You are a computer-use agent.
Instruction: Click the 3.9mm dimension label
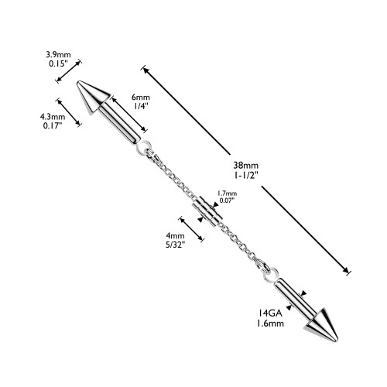tap(58, 55)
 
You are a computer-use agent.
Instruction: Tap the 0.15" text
tap(58, 63)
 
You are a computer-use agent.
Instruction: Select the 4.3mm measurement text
tap(53, 117)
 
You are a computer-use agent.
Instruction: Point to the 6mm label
tap(141, 98)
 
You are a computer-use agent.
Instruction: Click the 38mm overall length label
tap(246, 165)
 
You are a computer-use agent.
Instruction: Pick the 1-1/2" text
tap(246, 175)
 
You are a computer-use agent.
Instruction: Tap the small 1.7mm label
tap(227, 193)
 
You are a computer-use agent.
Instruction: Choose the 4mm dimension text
tap(175, 235)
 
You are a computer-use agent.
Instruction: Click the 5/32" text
tap(175, 245)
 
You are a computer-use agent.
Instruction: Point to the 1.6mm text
tap(270, 324)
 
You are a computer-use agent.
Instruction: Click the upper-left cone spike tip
tap(78, 82)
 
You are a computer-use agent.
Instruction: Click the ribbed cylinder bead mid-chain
tap(207, 211)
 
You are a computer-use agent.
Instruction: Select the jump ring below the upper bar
tap(142, 147)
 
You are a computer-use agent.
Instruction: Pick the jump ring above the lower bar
tap(271, 275)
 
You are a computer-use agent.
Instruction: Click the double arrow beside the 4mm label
tap(191, 229)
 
